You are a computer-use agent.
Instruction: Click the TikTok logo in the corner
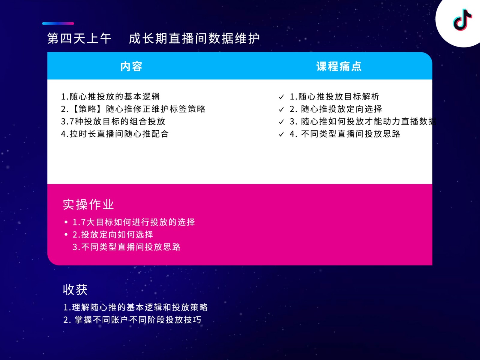pyautogui.click(x=462, y=20)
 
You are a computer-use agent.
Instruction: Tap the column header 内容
pyautogui.click(x=131, y=66)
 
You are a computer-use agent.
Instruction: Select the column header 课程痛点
pyautogui.click(x=339, y=66)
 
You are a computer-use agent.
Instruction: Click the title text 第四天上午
pyautogui.click(x=79, y=38)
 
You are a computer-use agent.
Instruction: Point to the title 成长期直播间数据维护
pyautogui.click(x=194, y=38)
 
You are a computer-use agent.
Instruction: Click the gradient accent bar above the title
pyautogui.click(x=58, y=23)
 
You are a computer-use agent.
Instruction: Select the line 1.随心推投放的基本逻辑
pyautogui.click(x=110, y=96)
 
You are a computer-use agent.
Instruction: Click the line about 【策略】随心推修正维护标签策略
pyautogui.click(x=133, y=109)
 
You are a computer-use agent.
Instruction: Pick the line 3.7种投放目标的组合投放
pyautogui.click(x=113, y=121)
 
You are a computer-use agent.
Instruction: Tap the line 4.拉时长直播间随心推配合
pyautogui.click(x=115, y=134)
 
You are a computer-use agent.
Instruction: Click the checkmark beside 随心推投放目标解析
pyautogui.click(x=281, y=97)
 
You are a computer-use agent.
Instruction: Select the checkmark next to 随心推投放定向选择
pyautogui.click(x=281, y=109)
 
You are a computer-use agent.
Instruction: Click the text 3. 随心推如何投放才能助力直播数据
pyautogui.click(x=363, y=121)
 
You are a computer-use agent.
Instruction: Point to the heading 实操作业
pyautogui.click(x=88, y=204)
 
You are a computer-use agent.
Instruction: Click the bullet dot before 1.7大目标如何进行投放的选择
pyautogui.click(x=66, y=222)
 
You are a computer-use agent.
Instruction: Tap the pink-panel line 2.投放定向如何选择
pyautogui.click(x=113, y=234)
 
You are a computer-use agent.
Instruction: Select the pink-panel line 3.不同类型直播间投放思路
pyautogui.click(x=126, y=247)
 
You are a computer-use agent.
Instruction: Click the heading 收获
pyautogui.click(x=75, y=290)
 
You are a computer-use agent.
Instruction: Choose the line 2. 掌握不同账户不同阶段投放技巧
pyautogui.click(x=132, y=320)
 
